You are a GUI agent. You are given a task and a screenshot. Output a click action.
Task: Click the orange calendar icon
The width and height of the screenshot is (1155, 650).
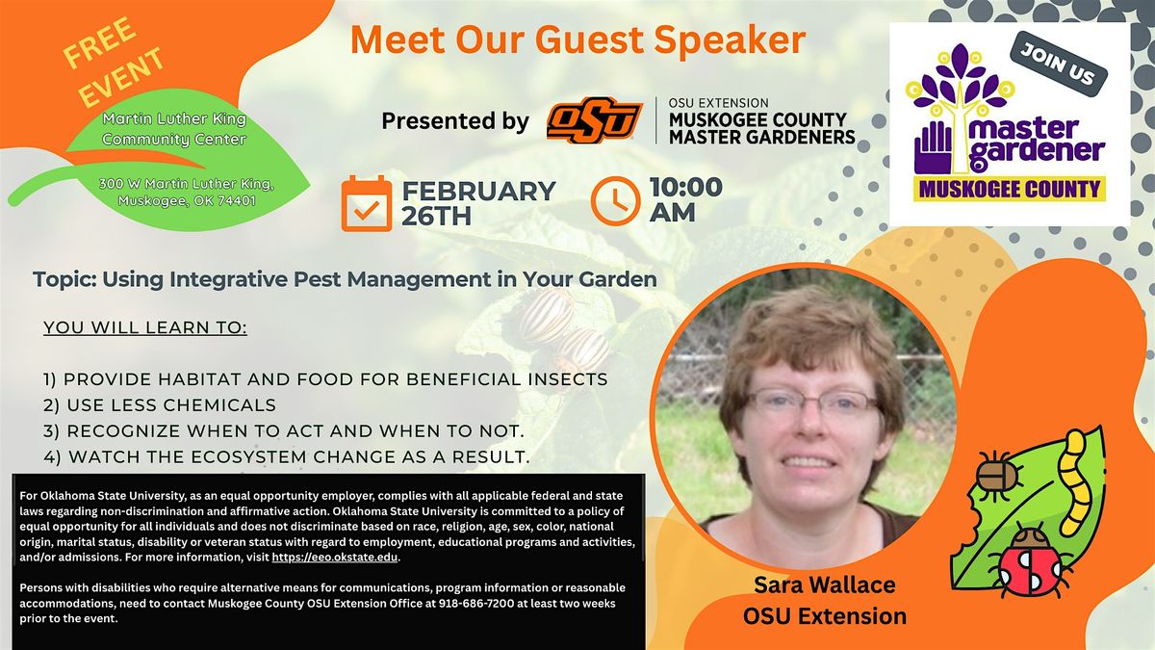click(x=367, y=202)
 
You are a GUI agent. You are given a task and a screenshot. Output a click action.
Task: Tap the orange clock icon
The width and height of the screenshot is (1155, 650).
click(x=615, y=201)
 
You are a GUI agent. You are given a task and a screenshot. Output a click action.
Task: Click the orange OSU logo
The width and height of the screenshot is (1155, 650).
click(x=594, y=121)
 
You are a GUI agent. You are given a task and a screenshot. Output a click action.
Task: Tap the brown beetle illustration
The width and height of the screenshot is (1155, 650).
click(x=998, y=475)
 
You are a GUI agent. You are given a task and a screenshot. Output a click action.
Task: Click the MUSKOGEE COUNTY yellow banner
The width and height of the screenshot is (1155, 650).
click(x=1009, y=188)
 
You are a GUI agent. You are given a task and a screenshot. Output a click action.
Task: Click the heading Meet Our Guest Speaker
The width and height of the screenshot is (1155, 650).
click(x=577, y=39)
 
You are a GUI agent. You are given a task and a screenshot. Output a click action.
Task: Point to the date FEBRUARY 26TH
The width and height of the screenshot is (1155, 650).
click(x=478, y=202)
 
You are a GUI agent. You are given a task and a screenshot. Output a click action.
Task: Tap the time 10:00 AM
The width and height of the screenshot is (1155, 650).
click(x=684, y=199)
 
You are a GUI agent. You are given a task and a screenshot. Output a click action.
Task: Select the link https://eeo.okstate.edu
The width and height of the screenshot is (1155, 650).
click(x=334, y=558)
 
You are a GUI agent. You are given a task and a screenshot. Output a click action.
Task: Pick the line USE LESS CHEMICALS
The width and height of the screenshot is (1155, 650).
click(x=160, y=405)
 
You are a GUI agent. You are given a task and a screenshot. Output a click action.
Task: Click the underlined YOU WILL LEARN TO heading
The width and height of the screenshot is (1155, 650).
click(x=145, y=327)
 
